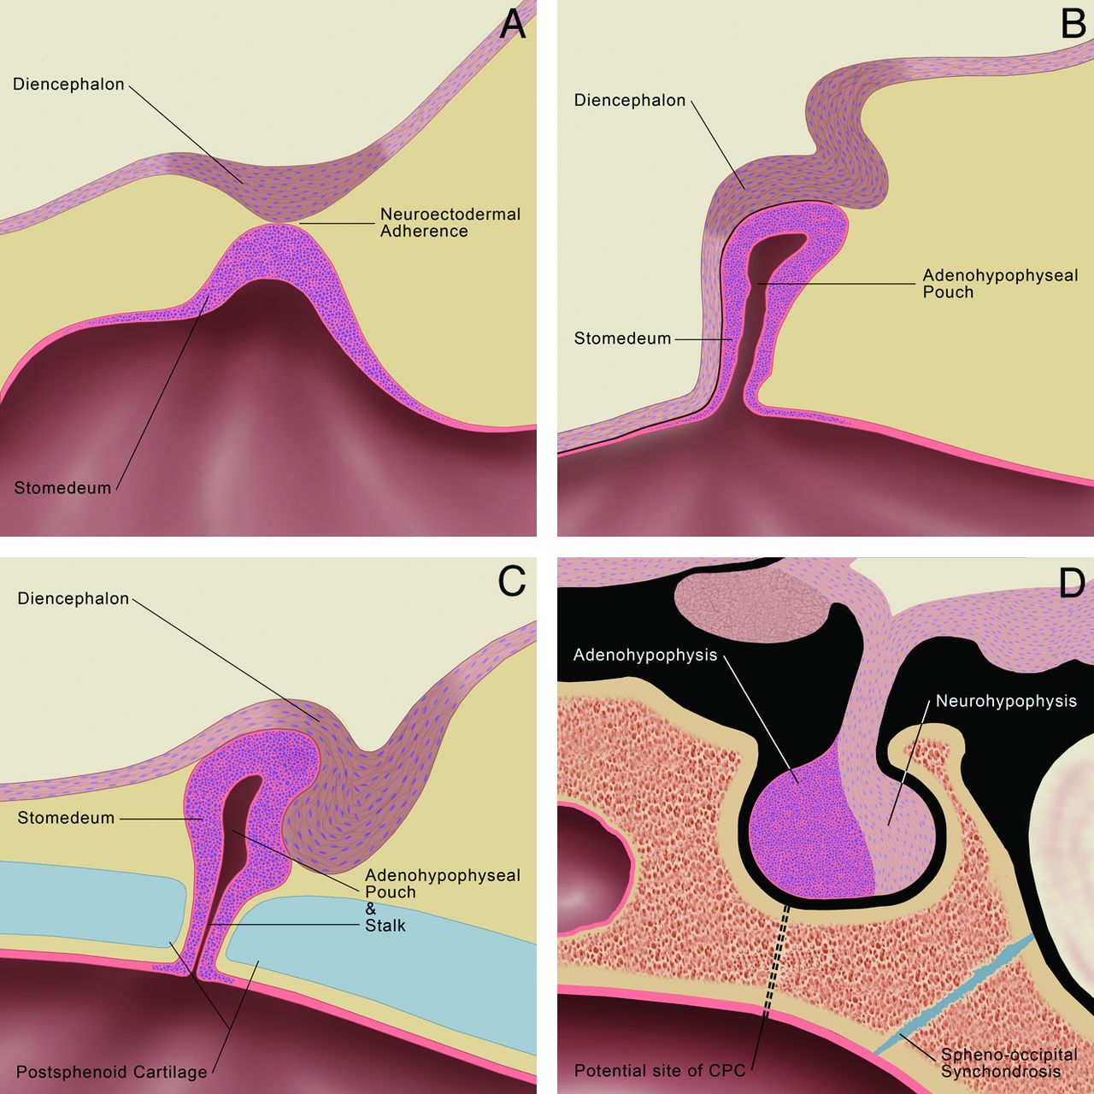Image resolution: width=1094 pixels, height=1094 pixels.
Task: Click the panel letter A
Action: click(512, 24)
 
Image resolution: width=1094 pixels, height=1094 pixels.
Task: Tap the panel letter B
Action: click(1073, 23)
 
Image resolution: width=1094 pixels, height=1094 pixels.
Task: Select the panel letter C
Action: click(511, 581)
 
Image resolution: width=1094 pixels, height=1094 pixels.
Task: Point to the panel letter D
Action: click(1071, 583)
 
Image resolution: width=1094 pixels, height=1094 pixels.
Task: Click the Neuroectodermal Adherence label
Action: click(450, 222)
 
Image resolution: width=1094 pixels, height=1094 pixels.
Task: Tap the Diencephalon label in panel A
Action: click(68, 85)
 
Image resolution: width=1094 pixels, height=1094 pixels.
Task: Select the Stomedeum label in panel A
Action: click(62, 488)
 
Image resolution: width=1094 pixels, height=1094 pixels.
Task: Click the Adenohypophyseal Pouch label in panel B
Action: click(1000, 284)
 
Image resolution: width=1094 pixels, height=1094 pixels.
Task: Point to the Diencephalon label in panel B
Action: click(630, 100)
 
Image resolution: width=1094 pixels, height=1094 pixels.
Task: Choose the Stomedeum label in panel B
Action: click(622, 338)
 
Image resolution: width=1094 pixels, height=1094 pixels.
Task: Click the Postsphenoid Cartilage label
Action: click(111, 1072)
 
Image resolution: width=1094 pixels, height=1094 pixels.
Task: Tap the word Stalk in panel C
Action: click(385, 926)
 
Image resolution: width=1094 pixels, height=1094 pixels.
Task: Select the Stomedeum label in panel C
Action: click(66, 818)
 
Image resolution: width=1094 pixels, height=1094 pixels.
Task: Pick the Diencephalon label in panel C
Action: click(74, 598)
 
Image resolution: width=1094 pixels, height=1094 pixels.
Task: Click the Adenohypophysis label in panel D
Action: click(645, 656)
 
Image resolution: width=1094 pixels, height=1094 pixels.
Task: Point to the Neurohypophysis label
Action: click(1006, 701)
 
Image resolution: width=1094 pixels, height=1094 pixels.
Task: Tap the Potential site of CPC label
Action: click(660, 1070)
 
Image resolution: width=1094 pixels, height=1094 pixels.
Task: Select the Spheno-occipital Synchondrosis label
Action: click(1009, 1063)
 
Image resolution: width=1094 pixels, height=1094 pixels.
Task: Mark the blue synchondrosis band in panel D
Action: click(957, 991)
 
